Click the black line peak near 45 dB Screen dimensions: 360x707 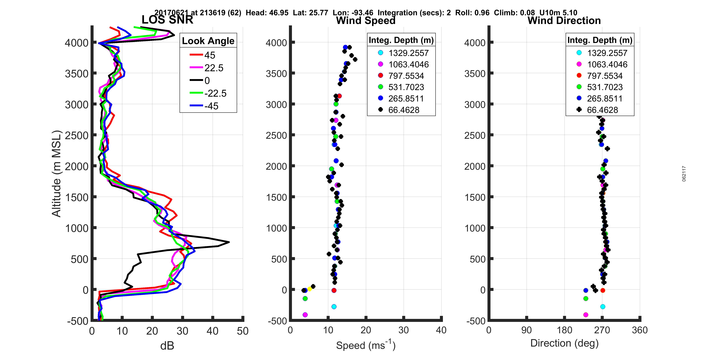[229, 242]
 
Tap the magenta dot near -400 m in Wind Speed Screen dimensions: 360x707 [305, 315]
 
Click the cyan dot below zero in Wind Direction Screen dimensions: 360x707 [602, 306]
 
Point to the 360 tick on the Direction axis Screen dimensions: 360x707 [639, 330]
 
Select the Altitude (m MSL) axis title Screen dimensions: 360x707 [57, 174]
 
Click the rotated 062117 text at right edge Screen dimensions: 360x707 [684, 174]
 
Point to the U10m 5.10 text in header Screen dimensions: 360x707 [558, 13]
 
